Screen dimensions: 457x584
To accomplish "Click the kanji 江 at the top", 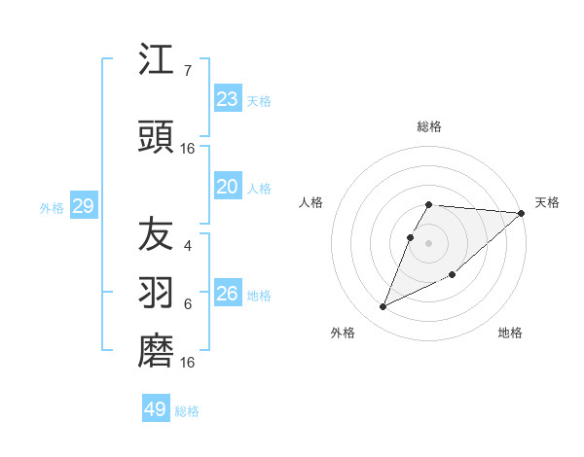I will (156, 60).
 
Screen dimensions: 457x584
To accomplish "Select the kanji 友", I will (156, 233).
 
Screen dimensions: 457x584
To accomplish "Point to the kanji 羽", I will (156, 292).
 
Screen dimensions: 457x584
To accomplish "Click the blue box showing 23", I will (227, 99).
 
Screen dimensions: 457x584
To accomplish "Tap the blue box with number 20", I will (227, 187).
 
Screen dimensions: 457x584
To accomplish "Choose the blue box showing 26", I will (227, 294).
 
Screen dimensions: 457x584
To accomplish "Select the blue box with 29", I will (83, 206).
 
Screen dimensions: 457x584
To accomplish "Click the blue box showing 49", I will (156, 409).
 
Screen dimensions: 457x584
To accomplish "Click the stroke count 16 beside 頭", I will (188, 149).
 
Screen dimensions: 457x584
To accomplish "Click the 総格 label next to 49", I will (187, 411).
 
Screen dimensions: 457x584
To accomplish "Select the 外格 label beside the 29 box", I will (52, 208).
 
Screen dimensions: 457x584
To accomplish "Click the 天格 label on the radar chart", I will (547, 202).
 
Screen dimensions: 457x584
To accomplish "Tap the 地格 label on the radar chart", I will (510, 333).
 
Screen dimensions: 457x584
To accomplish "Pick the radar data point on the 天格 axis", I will (521, 213).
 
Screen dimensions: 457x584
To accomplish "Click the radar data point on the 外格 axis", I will (383, 307).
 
